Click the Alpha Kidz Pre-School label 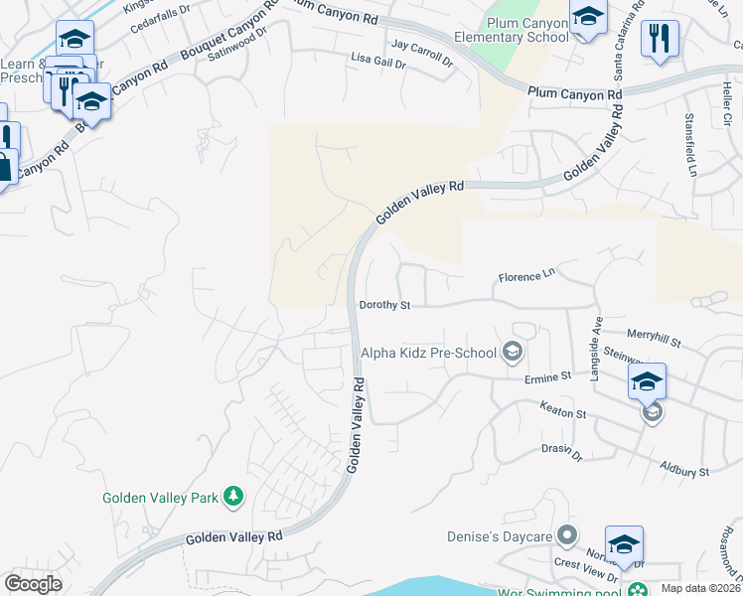coord(429,352)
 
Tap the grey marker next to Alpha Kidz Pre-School coord(513,351)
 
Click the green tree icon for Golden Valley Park coord(233,496)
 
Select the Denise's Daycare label coord(498,536)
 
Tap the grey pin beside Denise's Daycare coord(567,536)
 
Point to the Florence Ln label coord(525,276)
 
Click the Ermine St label coord(548,376)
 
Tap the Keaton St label coord(563,408)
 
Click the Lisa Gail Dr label coord(378,62)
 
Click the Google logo coord(33,583)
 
